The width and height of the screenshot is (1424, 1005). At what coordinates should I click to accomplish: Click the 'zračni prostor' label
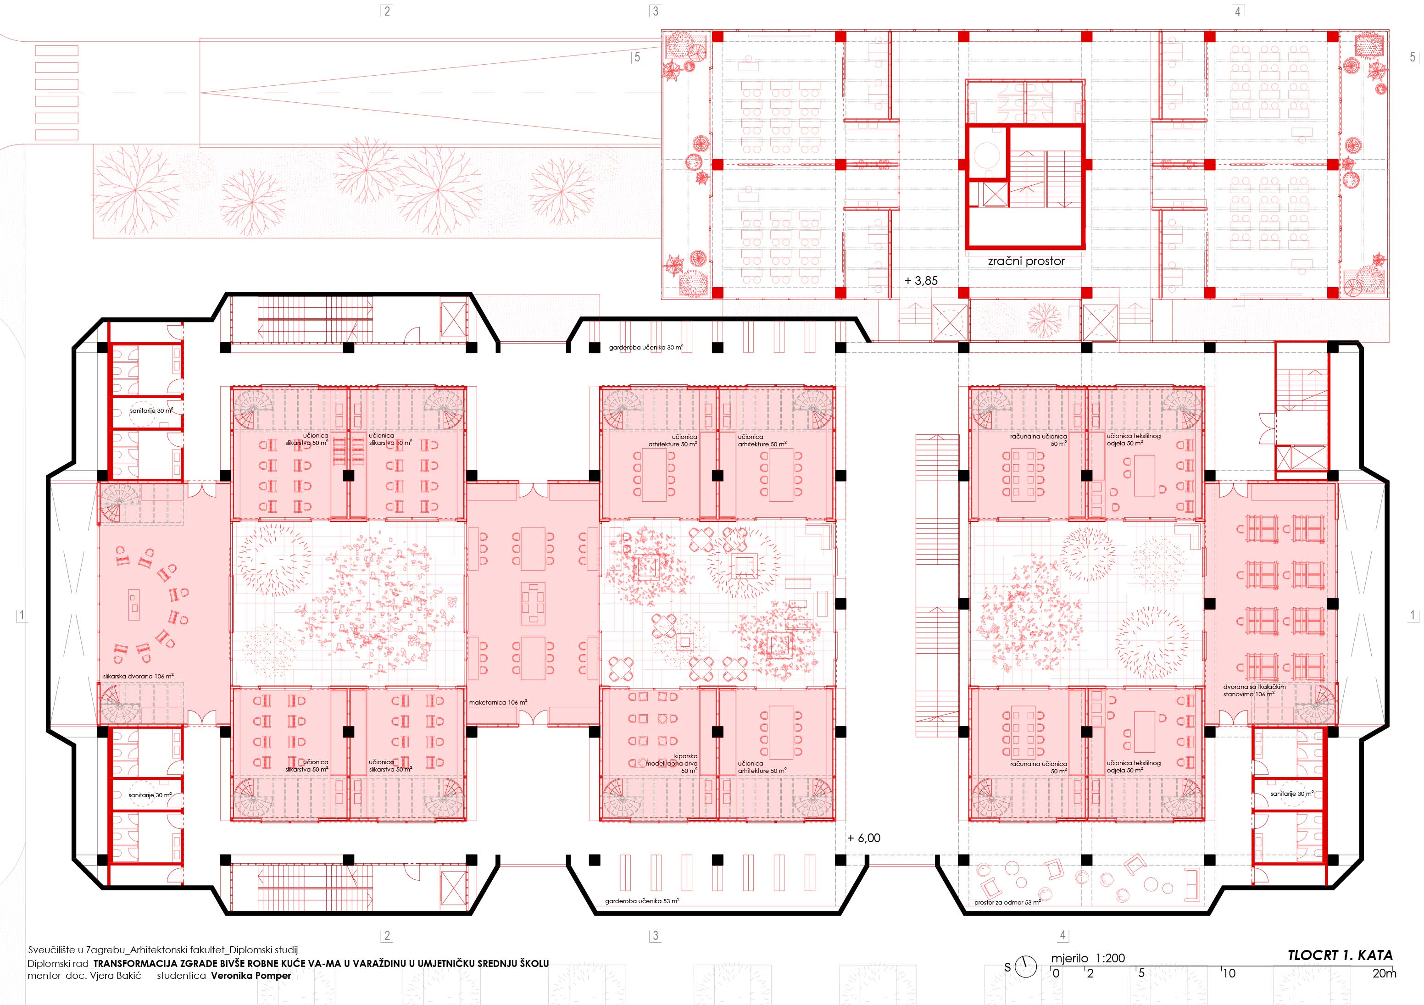[x=1026, y=261]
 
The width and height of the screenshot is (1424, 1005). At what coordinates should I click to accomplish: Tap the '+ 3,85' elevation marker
[x=921, y=281]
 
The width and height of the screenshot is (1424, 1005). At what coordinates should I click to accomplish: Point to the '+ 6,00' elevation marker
[x=864, y=838]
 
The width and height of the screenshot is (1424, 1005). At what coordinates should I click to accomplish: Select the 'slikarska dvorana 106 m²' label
[x=138, y=677]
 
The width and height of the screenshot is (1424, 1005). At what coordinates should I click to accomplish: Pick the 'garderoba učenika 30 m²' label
[x=645, y=348]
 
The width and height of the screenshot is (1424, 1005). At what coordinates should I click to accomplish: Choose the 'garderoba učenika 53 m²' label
[x=642, y=901]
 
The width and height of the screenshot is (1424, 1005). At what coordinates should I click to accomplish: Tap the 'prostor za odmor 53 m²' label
[x=1007, y=902]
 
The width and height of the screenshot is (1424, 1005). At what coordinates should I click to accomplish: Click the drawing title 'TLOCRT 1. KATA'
[x=1340, y=955]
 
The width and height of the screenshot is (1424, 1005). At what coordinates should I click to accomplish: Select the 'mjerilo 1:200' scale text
[x=1088, y=958]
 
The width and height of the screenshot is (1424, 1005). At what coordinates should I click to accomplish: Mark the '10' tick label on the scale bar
[x=1229, y=973]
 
